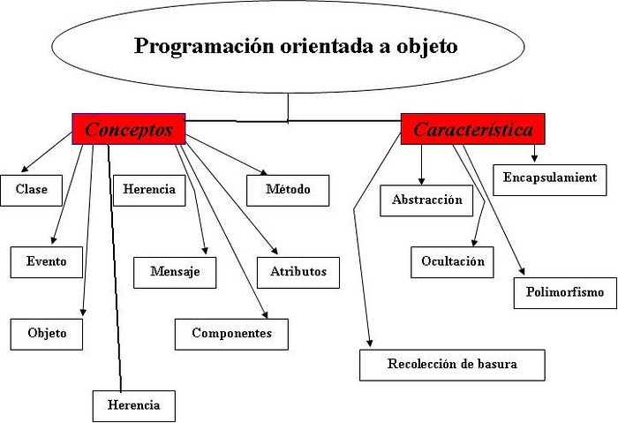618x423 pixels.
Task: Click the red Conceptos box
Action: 128,129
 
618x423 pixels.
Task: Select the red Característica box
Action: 472,130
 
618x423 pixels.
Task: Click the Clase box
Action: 31,189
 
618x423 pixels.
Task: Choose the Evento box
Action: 46,261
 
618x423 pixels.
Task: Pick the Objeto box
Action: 47,334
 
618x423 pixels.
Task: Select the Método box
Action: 287,189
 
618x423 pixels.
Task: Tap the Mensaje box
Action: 175,271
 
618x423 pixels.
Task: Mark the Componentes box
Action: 231,333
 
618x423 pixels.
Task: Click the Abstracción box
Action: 426,200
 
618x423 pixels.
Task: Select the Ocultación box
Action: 453,261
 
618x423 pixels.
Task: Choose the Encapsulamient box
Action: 550,178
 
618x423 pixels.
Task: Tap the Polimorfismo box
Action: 565,291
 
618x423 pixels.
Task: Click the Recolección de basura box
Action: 452,364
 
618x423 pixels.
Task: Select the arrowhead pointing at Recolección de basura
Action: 370,344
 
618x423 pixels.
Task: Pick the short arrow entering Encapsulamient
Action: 534,154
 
